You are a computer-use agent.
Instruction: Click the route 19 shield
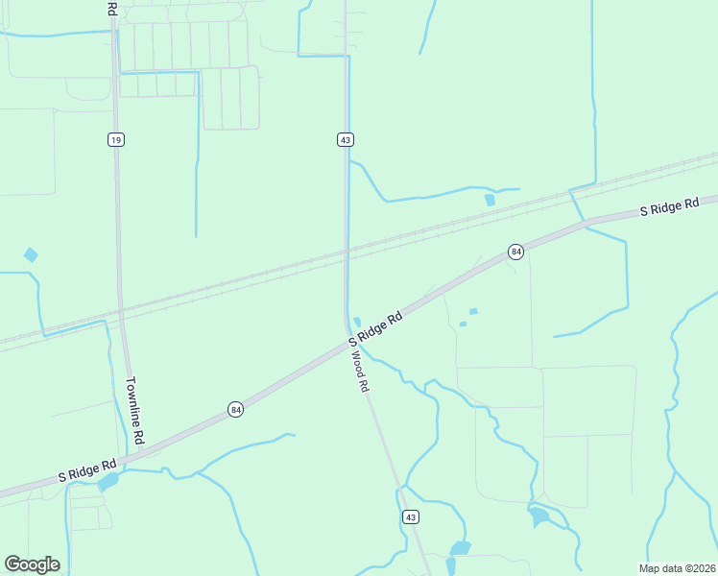coord(115,140)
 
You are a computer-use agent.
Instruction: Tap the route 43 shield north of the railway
coord(346,140)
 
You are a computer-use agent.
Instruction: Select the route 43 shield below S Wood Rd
coord(411,517)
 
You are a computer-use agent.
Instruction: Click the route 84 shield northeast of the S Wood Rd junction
coord(516,252)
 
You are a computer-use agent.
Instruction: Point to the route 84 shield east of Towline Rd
coord(236,410)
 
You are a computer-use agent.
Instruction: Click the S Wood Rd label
coord(358,370)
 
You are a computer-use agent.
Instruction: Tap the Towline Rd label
coord(135,409)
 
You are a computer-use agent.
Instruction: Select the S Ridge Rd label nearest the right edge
coord(670,206)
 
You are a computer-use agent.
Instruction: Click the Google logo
coord(32,564)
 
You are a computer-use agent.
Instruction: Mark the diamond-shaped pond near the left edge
coord(31,255)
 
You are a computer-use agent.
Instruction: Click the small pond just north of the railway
coord(490,200)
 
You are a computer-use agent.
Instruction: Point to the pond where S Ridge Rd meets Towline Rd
coord(108,480)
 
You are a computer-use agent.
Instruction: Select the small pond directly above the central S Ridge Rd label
coord(357,322)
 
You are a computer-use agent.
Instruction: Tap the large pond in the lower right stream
coord(538,517)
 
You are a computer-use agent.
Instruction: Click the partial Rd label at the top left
coord(111,9)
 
